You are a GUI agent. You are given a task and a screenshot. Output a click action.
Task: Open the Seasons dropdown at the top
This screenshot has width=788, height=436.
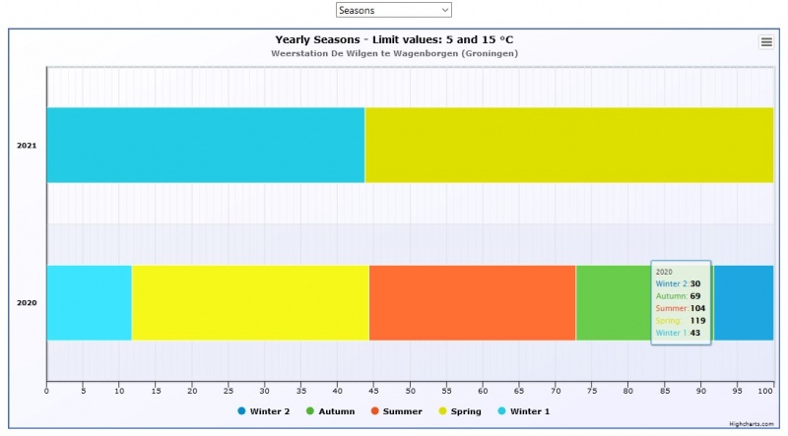393,10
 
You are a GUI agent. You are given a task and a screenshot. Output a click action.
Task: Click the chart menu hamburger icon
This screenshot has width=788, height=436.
765,41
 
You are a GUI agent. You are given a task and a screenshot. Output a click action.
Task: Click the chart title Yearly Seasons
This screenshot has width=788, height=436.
394,39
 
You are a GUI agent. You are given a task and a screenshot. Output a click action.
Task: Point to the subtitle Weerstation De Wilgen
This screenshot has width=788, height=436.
394,53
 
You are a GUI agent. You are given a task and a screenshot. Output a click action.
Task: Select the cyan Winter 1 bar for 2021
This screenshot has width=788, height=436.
205,145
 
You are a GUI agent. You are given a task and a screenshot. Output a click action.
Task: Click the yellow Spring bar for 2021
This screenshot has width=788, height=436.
568,145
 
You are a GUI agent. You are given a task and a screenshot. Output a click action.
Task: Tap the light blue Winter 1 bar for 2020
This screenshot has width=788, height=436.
89,302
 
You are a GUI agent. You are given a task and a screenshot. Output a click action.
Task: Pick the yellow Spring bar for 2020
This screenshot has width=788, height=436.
250,302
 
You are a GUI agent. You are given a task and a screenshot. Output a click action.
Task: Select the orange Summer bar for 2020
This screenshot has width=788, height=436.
472,302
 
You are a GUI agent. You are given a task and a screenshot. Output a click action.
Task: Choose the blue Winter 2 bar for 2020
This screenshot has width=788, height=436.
744,302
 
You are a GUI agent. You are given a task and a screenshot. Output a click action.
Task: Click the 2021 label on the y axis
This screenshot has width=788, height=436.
27,146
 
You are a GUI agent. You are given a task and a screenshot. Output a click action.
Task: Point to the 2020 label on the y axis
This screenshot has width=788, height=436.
27,303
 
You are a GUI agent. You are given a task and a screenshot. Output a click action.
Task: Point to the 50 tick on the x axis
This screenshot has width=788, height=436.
410,390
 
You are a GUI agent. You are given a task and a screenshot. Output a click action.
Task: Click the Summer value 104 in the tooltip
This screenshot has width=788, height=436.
697,308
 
